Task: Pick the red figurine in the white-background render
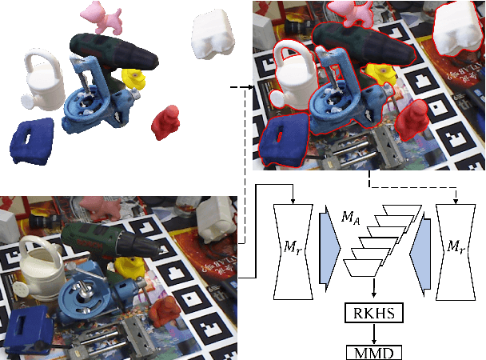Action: (167, 122)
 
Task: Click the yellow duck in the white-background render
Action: (134, 78)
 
